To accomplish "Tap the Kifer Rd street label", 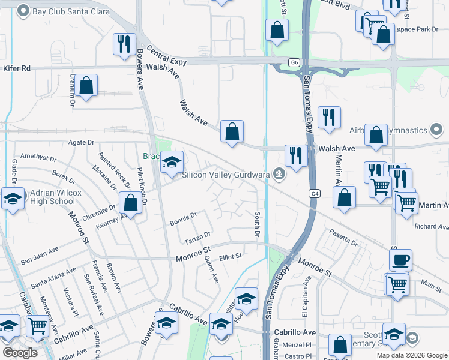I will point(17,68).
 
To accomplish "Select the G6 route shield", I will point(294,62).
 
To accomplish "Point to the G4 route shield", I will point(315,193).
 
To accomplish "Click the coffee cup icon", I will point(400,260).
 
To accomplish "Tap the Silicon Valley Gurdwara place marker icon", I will point(277,174).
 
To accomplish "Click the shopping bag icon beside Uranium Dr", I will point(86,86).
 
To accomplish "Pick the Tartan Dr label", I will point(197,235).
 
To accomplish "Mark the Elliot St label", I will point(230,256).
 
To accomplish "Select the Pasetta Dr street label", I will point(342,238).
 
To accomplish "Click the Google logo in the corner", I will point(20,353).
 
